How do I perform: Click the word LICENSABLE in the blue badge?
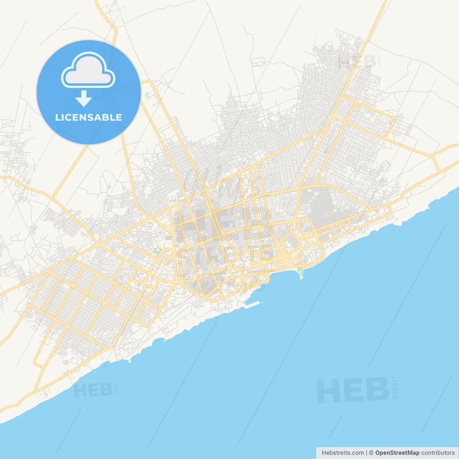89,117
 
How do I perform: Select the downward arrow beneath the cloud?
84,99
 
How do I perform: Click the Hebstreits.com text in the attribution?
342,453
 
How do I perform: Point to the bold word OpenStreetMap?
397,453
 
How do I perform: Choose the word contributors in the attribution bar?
437,453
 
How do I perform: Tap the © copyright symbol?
371,453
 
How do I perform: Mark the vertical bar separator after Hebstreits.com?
366,453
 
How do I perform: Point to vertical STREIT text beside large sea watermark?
395,387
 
